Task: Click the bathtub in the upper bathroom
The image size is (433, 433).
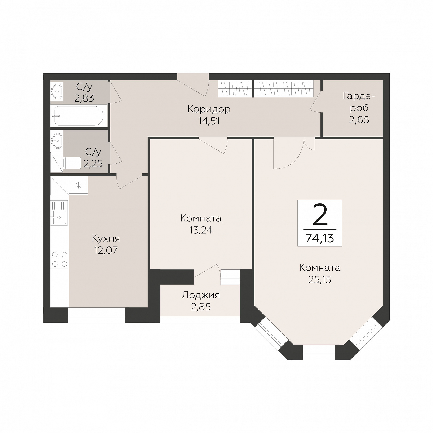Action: point(79,116)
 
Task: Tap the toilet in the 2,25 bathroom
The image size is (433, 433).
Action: point(72,163)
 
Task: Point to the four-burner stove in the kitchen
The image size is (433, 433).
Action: point(60,259)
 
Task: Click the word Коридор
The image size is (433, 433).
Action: point(209,109)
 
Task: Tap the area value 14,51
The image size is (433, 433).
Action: point(209,121)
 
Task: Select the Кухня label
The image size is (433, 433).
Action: point(106,238)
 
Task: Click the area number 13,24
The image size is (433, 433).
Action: point(201,230)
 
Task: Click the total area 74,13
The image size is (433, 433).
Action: point(320,238)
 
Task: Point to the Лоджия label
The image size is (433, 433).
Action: point(201,295)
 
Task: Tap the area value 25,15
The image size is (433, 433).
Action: point(320,280)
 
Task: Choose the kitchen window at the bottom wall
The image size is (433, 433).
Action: point(96,315)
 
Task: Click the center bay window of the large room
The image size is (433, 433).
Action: point(319,353)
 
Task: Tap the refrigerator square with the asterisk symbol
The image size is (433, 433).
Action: point(78,185)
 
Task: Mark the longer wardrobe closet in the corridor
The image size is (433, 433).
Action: point(283,88)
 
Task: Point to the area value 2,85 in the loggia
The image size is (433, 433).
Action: point(201,307)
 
